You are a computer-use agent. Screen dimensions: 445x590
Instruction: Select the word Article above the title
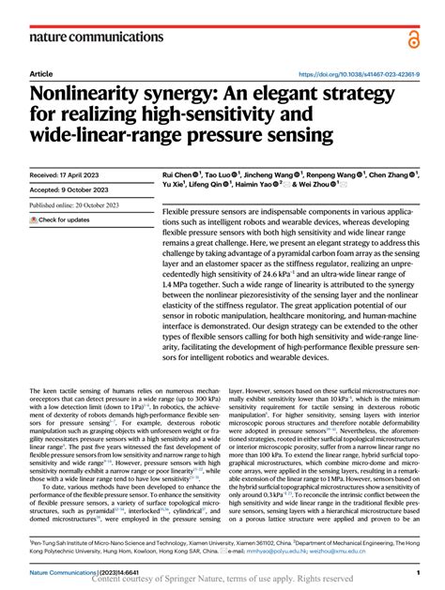tap(41, 74)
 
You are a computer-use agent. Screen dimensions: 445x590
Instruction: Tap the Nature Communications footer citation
tap(78, 571)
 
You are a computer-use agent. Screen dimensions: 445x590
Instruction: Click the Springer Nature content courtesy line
tap(223, 582)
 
